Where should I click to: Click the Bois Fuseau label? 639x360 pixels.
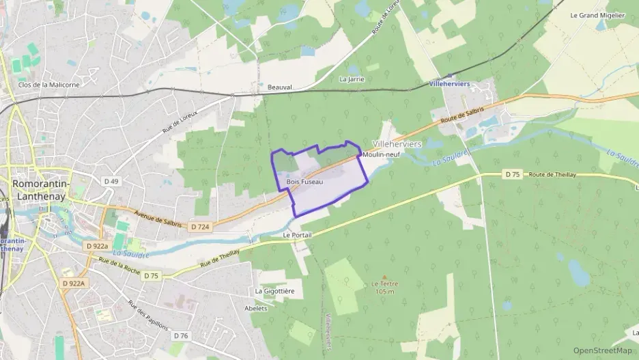[304, 182]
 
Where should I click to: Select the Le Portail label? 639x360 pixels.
[296, 234]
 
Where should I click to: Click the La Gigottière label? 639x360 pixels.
[274, 291]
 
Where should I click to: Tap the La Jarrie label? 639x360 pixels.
[352, 79]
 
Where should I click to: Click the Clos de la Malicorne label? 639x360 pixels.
[48, 85]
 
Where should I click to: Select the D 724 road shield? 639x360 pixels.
[200, 227]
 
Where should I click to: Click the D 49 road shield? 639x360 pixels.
[111, 181]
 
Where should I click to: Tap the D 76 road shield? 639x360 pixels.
[180, 335]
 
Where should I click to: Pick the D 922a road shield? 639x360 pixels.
[98, 245]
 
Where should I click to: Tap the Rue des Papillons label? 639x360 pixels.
[147, 316]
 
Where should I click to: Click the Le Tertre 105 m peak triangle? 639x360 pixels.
[384, 277]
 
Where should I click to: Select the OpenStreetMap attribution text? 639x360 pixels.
[602, 350]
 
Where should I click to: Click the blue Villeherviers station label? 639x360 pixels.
[450, 84]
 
